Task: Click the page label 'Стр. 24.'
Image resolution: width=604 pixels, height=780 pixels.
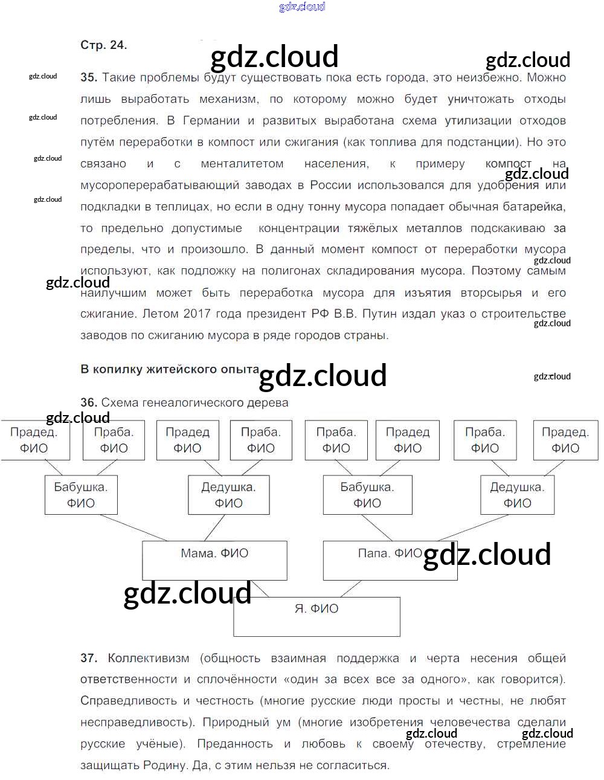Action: coord(103,45)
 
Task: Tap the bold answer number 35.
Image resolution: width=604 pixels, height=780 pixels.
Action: coord(88,77)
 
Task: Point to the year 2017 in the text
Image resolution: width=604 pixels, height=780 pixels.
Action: coord(197,314)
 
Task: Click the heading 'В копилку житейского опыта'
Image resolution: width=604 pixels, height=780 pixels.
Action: coord(170,369)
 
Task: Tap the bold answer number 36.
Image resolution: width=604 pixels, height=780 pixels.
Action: coord(88,402)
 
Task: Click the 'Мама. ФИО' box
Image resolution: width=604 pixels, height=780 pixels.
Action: coord(214,560)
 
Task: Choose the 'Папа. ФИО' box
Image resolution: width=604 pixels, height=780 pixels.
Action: coord(390,560)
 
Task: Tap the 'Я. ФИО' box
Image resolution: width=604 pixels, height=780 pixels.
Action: coord(316,616)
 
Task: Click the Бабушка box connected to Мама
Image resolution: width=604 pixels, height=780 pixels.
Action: coord(80,495)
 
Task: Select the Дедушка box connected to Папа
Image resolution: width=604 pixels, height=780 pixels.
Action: coord(517,495)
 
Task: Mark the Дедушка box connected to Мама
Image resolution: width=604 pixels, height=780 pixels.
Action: coord(228,495)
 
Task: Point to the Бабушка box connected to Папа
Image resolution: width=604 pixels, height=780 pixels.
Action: coord(367,495)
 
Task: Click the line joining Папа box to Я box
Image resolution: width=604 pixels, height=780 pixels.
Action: coord(350,589)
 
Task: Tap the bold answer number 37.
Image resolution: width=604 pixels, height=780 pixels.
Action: coord(88,658)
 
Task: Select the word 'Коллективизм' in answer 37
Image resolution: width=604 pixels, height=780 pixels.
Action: coord(148,658)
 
